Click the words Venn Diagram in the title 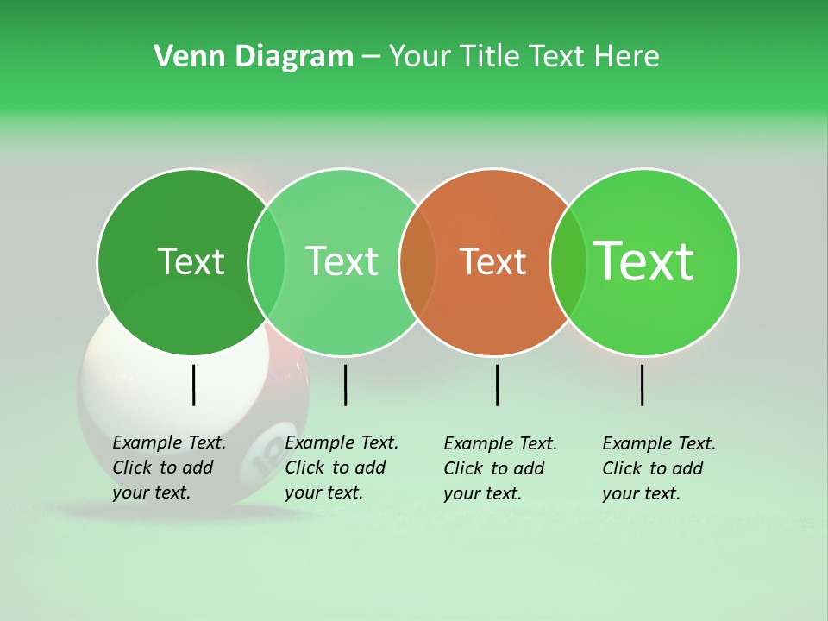(254, 57)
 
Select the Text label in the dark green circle (191, 261)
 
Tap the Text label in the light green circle (342, 261)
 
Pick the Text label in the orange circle (492, 261)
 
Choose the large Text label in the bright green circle (644, 260)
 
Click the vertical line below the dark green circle (194, 385)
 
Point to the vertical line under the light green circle (345, 385)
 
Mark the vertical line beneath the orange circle (497, 385)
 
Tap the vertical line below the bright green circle (643, 385)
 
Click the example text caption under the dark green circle (168, 467)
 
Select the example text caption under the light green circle (341, 467)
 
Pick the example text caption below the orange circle (499, 468)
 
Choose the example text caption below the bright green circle (658, 468)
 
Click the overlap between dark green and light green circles (267, 261)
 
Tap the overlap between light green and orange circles (417, 261)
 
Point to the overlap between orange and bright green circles (568, 261)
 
